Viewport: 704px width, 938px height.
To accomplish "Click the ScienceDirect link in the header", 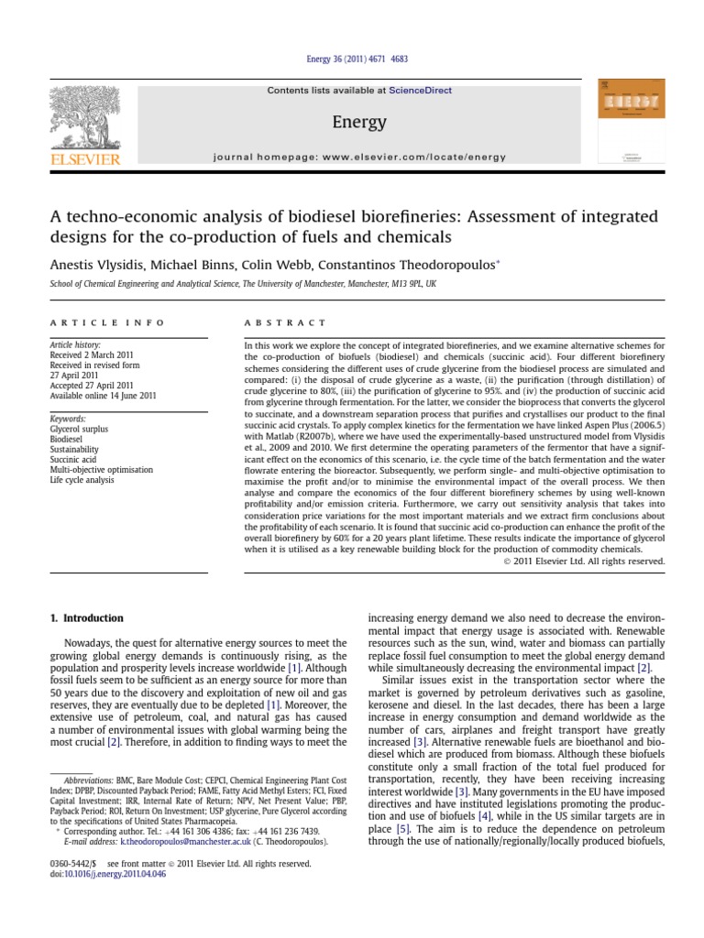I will [x=420, y=91].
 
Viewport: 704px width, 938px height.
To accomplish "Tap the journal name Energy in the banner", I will [x=359, y=122].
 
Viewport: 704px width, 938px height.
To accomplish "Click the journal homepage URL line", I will [x=359, y=157].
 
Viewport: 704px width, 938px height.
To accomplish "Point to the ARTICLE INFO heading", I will [x=107, y=323].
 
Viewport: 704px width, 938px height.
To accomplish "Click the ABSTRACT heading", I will [x=284, y=323].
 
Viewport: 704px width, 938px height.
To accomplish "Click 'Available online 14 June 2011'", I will [x=103, y=396].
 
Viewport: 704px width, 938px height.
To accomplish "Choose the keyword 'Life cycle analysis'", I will [x=82, y=480].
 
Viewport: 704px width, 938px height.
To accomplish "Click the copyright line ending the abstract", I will [x=584, y=561].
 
